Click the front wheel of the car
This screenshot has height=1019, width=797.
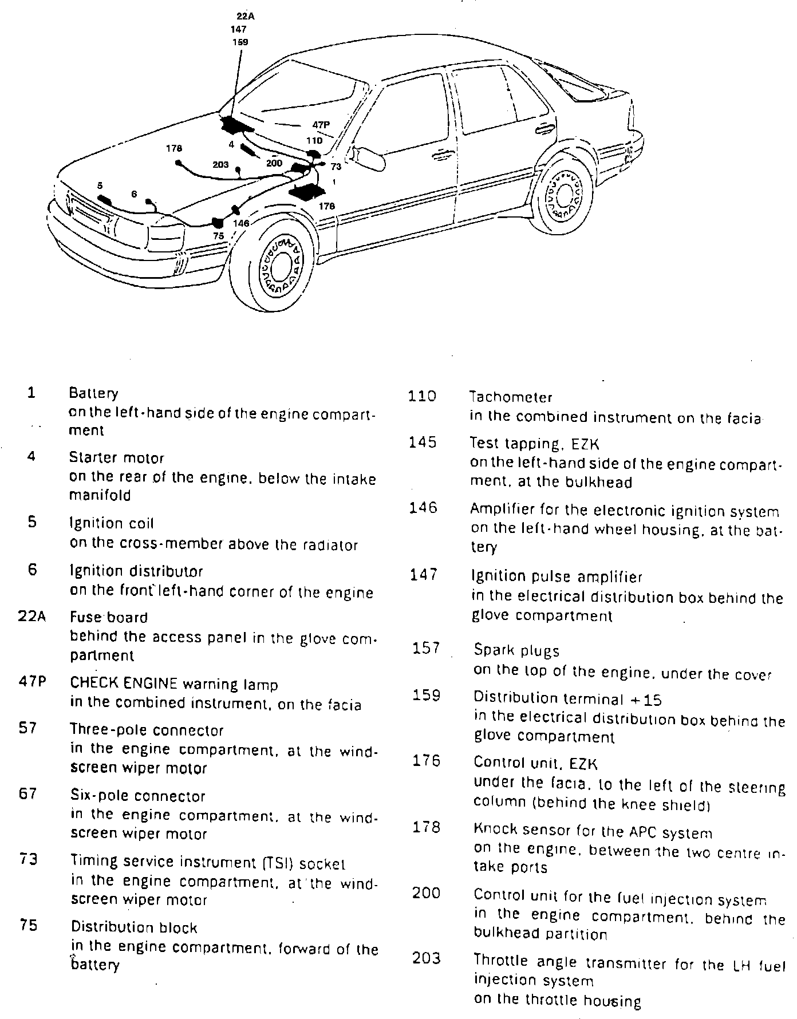(x=281, y=263)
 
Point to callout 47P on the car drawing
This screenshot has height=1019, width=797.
(x=321, y=124)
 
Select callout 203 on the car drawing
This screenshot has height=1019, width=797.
(x=220, y=164)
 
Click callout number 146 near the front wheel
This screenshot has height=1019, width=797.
(x=242, y=223)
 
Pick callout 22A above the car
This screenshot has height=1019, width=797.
(x=245, y=17)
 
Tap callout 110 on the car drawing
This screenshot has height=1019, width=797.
(x=314, y=140)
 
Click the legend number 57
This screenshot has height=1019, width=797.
(x=28, y=728)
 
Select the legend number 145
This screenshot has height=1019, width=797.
(x=423, y=443)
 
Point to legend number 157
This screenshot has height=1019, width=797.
(x=426, y=648)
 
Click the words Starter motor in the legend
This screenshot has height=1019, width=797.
(x=116, y=458)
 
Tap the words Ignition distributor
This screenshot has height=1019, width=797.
(x=136, y=571)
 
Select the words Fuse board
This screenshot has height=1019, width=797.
(x=109, y=617)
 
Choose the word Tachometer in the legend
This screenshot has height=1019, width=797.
(x=511, y=397)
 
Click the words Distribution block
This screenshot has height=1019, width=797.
(x=134, y=927)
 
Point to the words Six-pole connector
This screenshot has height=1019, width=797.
(x=137, y=796)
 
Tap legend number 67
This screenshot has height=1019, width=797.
(x=28, y=794)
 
